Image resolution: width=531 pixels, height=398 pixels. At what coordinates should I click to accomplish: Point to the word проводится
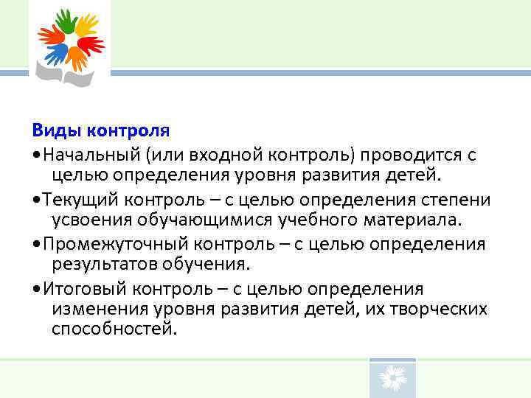[401, 155]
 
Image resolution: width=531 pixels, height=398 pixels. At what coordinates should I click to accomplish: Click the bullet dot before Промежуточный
[36, 245]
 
